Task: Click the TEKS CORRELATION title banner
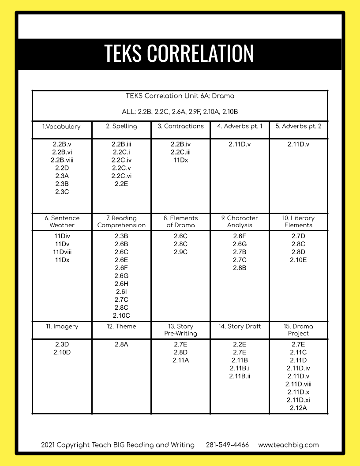click(x=179, y=53)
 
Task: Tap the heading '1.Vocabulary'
click(x=61, y=127)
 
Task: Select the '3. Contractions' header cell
click(x=180, y=127)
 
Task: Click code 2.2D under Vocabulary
click(x=62, y=168)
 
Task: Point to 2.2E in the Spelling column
click(x=121, y=184)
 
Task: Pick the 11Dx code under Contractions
click(x=180, y=160)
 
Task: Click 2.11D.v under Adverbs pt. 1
click(x=240, y=144)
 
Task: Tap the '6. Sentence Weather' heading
click(x=62, y=222)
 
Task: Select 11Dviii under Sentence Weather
click(x=62, y=252)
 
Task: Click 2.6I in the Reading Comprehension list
click(x=121, y=292)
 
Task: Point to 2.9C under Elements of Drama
click(x=180, y=252)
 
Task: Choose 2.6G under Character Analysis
click(x=240, y=244)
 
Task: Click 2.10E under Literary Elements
click(x=298, y=260)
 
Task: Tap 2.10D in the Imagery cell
click(x=62, y=352)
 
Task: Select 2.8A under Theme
click(x=121, y=344)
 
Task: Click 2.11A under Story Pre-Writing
click(x=180, y=360)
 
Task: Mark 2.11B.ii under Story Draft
click(x=240, y=376)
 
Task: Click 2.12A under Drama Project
click(x=298, y=408)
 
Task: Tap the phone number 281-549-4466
click(x=227, y=445)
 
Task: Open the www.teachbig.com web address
click(x=289, y=445)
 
